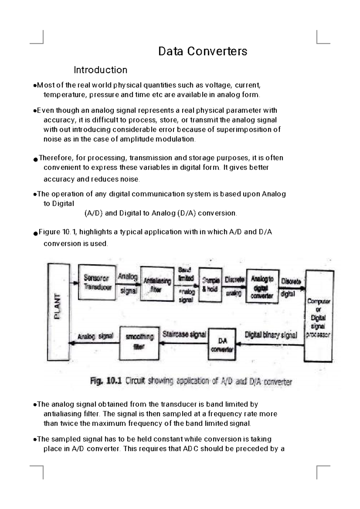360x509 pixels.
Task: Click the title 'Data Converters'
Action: [x=202, y=51]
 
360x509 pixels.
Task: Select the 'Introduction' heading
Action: [x=100, y=70]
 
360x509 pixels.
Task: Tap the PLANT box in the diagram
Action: [x=58, y=312]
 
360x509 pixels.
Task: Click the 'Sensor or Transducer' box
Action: [x=97, y=282]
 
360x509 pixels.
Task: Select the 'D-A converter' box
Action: [x=222, y=345]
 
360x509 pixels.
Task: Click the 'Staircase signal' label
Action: [x=184, y=334]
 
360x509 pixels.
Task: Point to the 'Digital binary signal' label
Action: [x=271, y=335]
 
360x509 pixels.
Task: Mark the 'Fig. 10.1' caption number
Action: [x=106, y=381]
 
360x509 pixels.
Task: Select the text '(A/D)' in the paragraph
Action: [x=94, y=213]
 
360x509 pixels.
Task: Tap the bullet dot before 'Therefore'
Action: [x=36, y=159]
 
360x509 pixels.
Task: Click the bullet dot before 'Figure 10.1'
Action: [x=36, y=233]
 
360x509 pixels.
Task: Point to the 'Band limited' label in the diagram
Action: [x=186, y=274]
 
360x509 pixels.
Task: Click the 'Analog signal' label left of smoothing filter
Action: [x=95, y=336]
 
